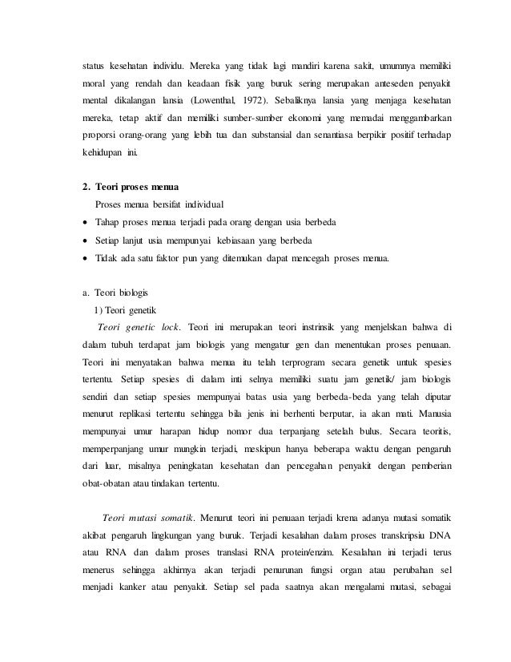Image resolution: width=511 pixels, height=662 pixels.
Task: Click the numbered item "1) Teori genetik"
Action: click(128, 309)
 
